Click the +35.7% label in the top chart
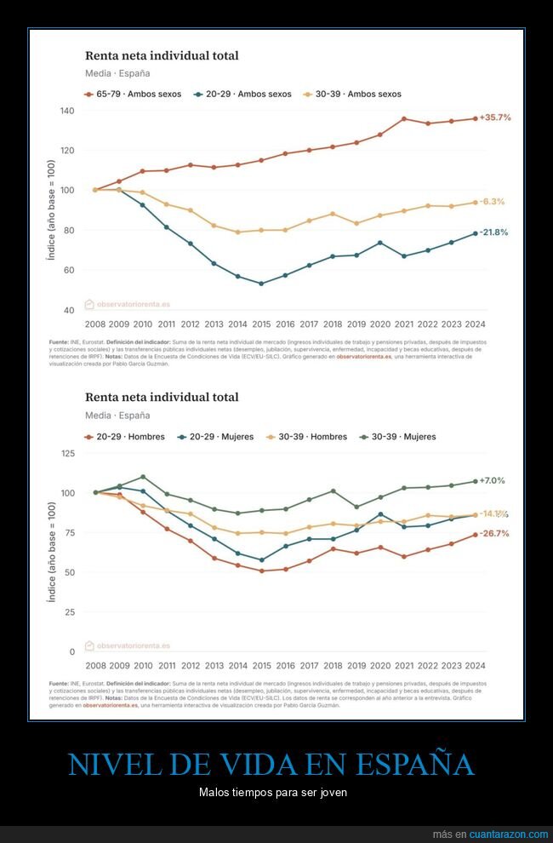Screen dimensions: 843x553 (x=495, y=118)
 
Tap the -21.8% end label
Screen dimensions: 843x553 (x=493, y=232)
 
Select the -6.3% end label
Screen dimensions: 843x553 (x=492, y=202)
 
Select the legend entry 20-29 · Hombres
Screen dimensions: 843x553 (x=130, y=437)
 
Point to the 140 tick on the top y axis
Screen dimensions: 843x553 (x=67, y=111)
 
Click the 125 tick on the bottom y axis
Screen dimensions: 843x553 (x=67, y=453)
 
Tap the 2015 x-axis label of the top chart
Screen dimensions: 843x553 (x=260, y=324)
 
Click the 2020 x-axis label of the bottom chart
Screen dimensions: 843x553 (x=379, y=666)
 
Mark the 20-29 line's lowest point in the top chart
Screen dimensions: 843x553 (x=260, y=284)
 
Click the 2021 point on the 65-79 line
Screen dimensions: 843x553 (x=403, y=118)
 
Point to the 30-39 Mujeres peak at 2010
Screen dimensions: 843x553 (x=142, y=477)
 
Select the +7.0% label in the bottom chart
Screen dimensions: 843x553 (x=493, y=481)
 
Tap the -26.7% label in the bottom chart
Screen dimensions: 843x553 (x=493, y=534)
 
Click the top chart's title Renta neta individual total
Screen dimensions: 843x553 (x=162, y=55)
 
